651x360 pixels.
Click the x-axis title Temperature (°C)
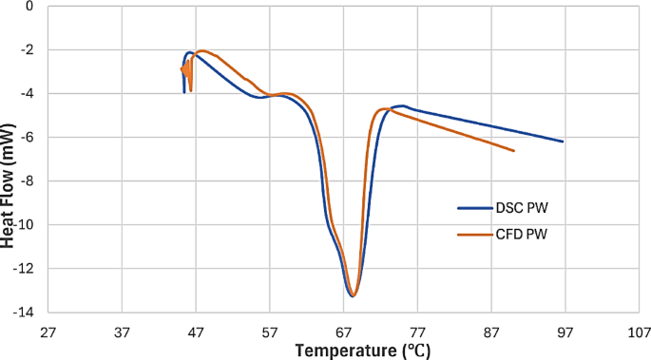click(x=362, y=351)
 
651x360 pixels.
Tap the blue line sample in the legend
click(x=472, y=207)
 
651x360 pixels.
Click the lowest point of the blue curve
click(x=352, y=296)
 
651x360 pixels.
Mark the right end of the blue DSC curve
click(x=564, y=142)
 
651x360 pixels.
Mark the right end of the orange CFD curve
click(x=514, y=151)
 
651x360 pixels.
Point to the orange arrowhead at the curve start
click(x=183, y=68)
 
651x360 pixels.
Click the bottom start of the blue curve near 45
click(x=183, y=92)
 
